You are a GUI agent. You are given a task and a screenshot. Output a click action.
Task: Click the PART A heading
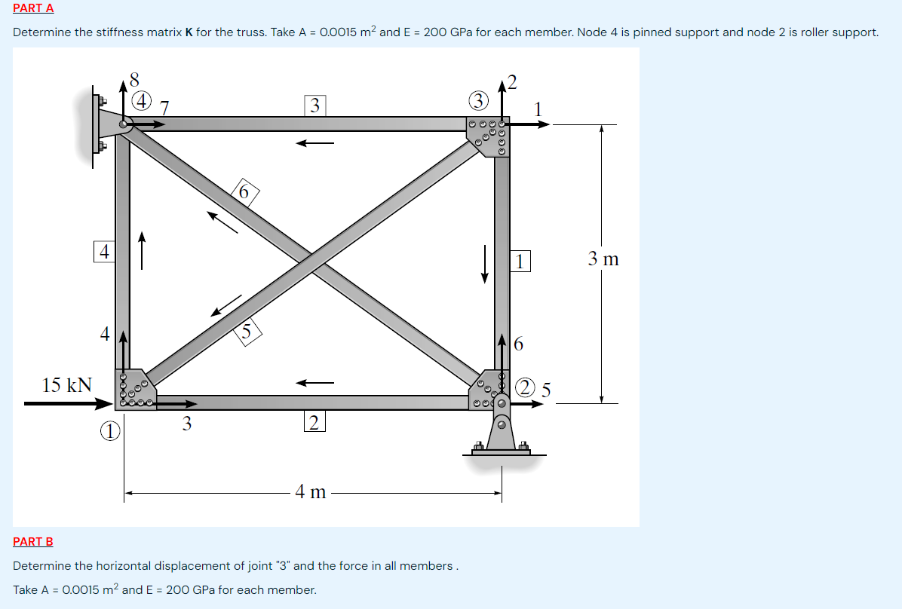click(33, 8)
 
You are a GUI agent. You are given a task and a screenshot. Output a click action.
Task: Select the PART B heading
click(33, 541)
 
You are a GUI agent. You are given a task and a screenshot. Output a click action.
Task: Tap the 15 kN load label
click(66, 385)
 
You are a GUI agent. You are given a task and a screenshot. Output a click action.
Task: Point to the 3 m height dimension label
click(603, 259)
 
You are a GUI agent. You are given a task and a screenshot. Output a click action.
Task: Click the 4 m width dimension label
click(311, 492)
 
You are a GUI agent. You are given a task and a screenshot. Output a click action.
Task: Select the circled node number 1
click(110, 431)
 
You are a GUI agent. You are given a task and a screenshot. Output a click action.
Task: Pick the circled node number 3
click(478, 99)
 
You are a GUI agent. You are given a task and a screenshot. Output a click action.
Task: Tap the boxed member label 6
click(244, 192)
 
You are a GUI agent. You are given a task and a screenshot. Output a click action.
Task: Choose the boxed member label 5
click(247, 331)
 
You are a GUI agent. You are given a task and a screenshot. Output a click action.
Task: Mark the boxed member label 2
click(314, 422)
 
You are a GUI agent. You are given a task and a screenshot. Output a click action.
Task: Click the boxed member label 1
click(520, 262)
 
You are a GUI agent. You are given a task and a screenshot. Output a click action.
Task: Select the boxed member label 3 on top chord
click(314, 105)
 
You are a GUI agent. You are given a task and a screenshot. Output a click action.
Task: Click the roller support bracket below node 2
click(502, 433)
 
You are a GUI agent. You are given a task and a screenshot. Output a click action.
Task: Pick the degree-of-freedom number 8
click(133, 78)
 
